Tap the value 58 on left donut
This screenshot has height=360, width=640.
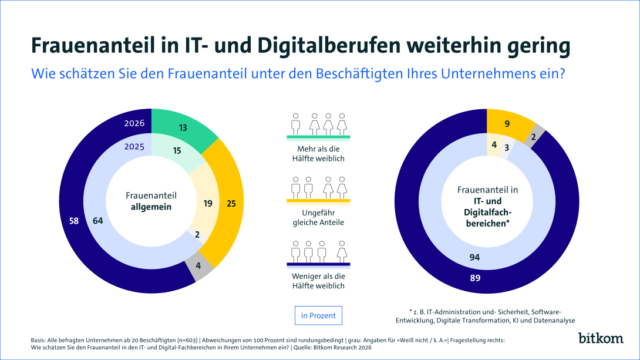click(x=73, y=221)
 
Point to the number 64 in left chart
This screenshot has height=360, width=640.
click(x=98, y=221)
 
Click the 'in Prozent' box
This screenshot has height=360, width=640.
click(x=318, y=315)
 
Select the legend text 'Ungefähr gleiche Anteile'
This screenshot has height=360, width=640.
click(x=318, y=218)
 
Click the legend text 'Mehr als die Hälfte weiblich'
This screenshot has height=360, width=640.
click(x=318, y=153)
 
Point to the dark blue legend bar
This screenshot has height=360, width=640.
click(x=318, y=264)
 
